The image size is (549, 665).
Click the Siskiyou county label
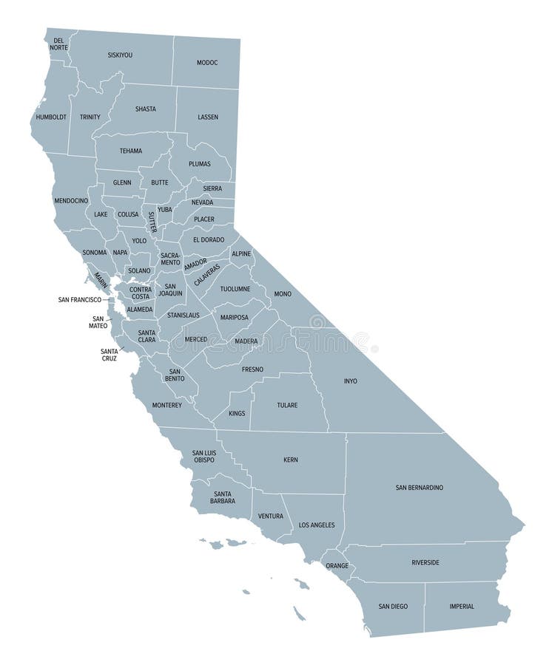coord(120,55)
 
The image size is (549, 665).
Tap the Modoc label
coord(207,63)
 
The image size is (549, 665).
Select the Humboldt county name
coord(51,117)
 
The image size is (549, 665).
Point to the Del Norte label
coord(58,44)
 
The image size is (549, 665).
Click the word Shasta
coord(145,109)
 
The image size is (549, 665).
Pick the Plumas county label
coord(199,163)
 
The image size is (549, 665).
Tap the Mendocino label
coord(71,200)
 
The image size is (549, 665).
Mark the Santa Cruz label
coord(110,354)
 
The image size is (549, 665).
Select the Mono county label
coord(283,293)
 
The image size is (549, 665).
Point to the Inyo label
coord(350,381)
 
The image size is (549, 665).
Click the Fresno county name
coord(252,369)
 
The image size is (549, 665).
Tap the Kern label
coord(291,460)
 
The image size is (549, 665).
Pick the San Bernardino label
coord(420,487)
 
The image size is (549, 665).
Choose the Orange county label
coord(337,566)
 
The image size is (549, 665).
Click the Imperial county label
coord(462,607)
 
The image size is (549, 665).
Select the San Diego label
coord(393,607)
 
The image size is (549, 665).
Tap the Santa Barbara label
coord(223,497)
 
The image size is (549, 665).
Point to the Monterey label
coord(166,405)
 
